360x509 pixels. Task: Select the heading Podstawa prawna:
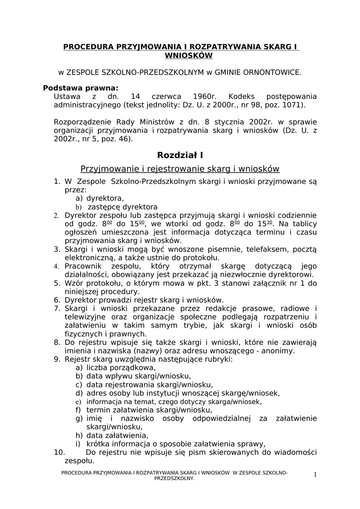tap(81, 87)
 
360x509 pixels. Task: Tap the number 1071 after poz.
tap(292, 105)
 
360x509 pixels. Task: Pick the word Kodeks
tap(241, 96)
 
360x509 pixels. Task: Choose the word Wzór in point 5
tap(75, 283)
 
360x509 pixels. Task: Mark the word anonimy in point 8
tap(280, 350)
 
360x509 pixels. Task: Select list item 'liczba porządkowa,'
tap(121, 368)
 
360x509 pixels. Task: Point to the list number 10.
tap(59, 452)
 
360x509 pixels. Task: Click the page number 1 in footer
tap(315, 475)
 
